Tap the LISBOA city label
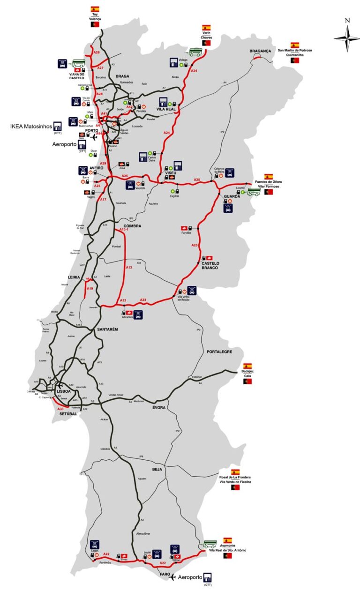[63, 390]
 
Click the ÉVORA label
[159, 408]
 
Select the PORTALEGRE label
[219, 352]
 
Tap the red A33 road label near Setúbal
[61, 409]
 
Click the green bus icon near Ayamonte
[210, 544]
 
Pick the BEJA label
[157, 469]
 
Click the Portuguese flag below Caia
[247, 382]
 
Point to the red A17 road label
[103, 200]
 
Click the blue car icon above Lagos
[95, 544]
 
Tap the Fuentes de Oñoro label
[268, 182]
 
